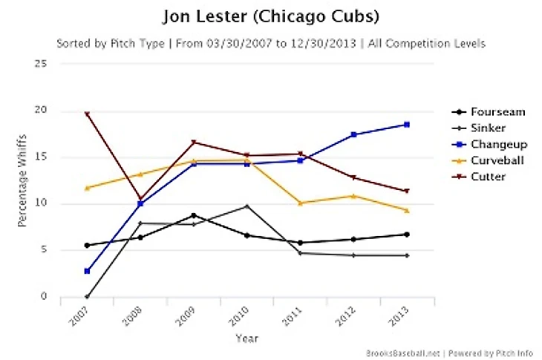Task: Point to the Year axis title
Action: [x=246, y=338]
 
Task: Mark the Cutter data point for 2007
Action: [x=87, y=114]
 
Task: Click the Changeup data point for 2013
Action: [x=406, y=125]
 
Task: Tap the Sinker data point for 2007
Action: [x=87, y=296]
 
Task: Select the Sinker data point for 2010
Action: [x=246, y=206]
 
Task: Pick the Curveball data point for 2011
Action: [x=300, y=203]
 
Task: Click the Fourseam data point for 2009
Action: [x=193, y=215]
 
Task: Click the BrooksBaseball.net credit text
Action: [x=400, y=353]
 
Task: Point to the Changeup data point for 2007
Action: [x=87, y=271]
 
